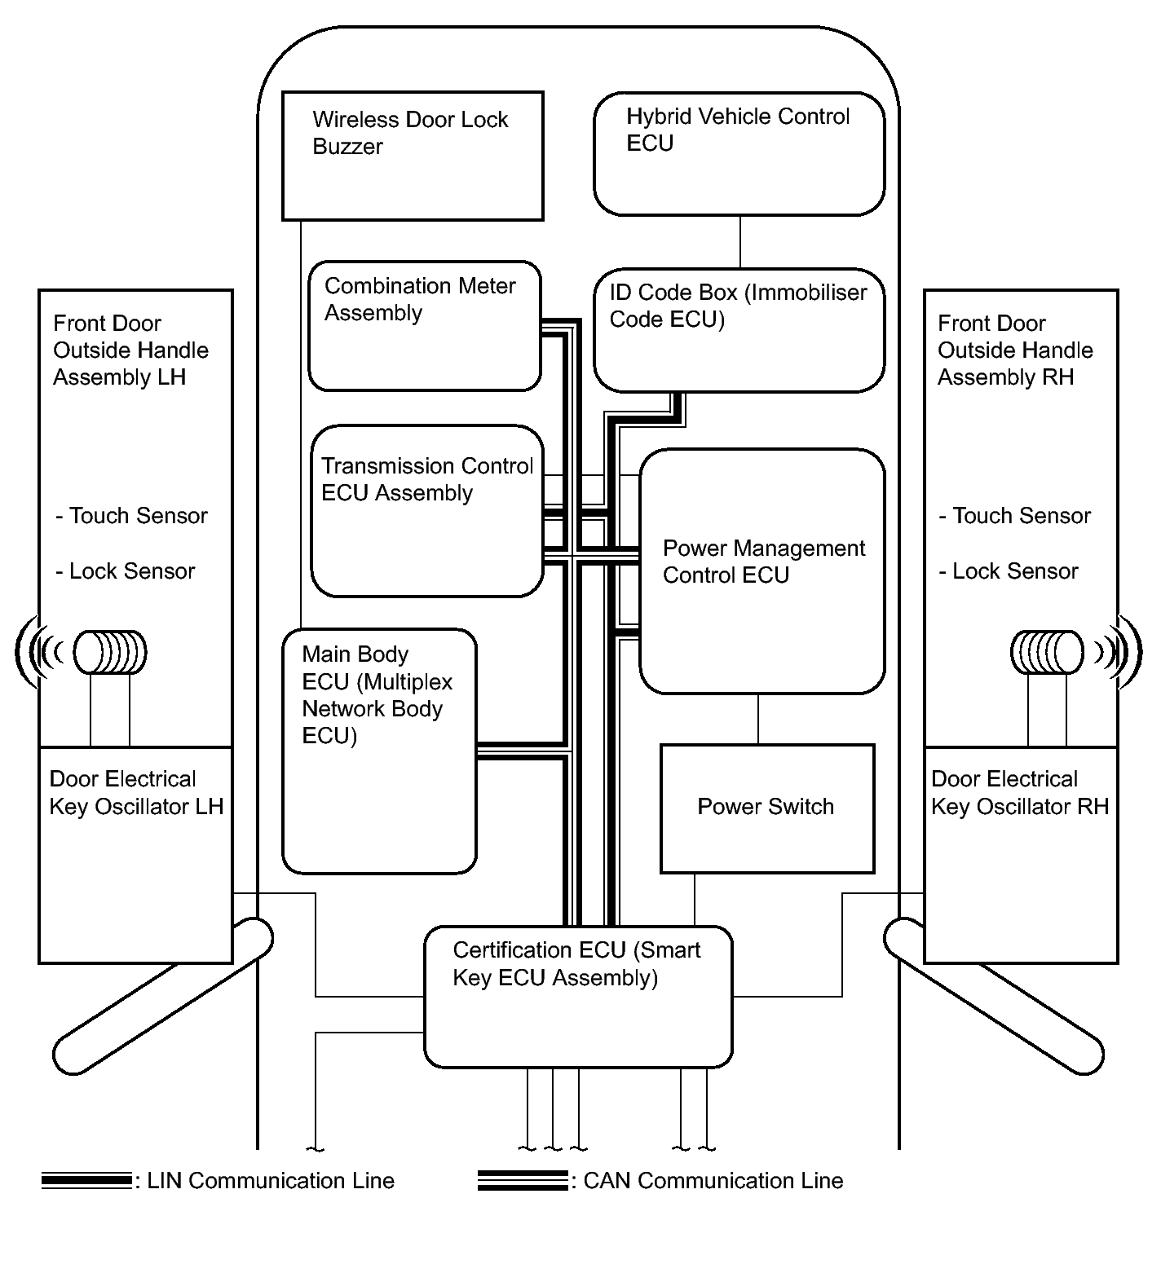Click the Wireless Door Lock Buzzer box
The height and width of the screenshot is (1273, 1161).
413,156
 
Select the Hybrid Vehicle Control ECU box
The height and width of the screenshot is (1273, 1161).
739,154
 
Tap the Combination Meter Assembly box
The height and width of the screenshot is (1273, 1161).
424,326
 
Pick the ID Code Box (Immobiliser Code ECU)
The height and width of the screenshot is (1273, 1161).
739,330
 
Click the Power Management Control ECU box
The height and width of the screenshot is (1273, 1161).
762,570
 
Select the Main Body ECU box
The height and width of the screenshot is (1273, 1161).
379,751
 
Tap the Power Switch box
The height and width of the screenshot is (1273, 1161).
766,808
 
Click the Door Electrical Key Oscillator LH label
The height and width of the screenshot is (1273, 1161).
136,793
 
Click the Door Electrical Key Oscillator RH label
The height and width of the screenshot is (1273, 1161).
1020,793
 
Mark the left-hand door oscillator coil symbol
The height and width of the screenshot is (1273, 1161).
110,652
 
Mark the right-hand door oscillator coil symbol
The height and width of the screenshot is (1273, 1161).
1048,652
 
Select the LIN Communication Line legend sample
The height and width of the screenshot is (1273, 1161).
86,1180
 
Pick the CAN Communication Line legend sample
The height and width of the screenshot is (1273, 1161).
523,1180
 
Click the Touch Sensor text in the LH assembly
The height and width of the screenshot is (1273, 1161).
131,516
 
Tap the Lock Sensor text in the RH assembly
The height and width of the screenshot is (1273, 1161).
1009,571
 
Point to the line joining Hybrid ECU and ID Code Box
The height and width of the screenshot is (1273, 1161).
740,242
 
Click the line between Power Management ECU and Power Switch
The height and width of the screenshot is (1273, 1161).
758,719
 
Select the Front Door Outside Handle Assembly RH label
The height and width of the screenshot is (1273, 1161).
1015,350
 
